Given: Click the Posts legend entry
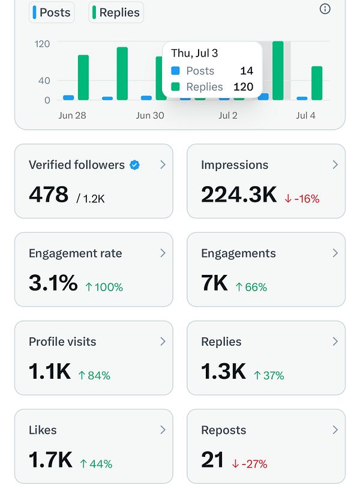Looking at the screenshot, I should click(52, 13).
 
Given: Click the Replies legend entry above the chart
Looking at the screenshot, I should click(116, 13).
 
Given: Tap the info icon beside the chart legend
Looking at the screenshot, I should click(325, 8).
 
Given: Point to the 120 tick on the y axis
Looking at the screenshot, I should click(42, 44).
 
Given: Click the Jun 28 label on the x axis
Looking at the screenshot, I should click(72, 115).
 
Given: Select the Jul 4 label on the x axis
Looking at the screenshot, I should click(305, 115).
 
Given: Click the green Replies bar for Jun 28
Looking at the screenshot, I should click(83, 77).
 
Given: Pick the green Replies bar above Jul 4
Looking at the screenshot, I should click(317, 83).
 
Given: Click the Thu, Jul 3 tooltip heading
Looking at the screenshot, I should click(194, 53).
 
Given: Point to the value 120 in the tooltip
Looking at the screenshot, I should click(243, 87).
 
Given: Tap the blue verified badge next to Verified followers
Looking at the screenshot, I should click(135, 165).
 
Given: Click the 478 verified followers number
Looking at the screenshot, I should click(49, 194).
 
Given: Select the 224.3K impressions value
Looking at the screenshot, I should click(239, 194).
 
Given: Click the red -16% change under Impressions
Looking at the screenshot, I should click(302, 199).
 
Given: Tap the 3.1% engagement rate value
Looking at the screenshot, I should click(53, 283).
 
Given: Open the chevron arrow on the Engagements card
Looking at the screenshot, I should click(335, 253).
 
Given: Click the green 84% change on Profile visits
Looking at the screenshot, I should click(94, 376).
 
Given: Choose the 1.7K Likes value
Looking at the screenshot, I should click(50, 460).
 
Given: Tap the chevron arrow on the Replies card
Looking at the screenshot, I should click(335, 342).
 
